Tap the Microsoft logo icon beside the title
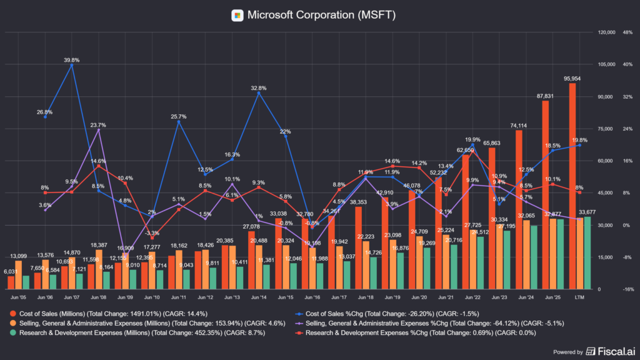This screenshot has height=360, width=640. coord(237,14)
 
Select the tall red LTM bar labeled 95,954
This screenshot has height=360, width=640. coord(572,187)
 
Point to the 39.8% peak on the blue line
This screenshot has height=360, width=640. coord(72,65)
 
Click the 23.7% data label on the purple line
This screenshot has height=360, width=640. coord(98,124)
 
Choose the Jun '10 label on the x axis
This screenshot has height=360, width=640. coord(151,298)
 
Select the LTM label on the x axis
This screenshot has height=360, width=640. coord(579,298)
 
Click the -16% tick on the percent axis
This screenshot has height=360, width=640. coord(627,289)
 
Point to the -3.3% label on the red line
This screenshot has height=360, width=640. coord(152,232)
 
